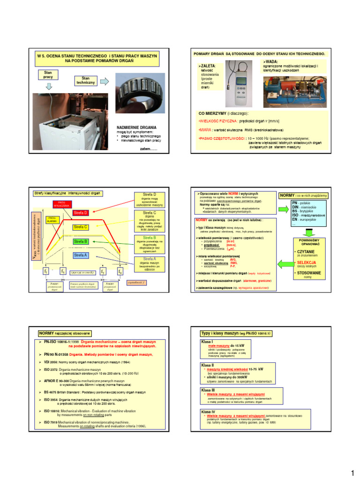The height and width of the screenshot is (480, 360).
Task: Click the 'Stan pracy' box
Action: (48, 74)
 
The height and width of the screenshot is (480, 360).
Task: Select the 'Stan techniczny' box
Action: (85, 80)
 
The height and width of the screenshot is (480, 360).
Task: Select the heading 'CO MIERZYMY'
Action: (217, 113)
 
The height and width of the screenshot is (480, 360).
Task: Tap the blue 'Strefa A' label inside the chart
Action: (80, 255)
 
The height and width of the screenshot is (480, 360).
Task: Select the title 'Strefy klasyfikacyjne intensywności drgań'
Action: (68, 193)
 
